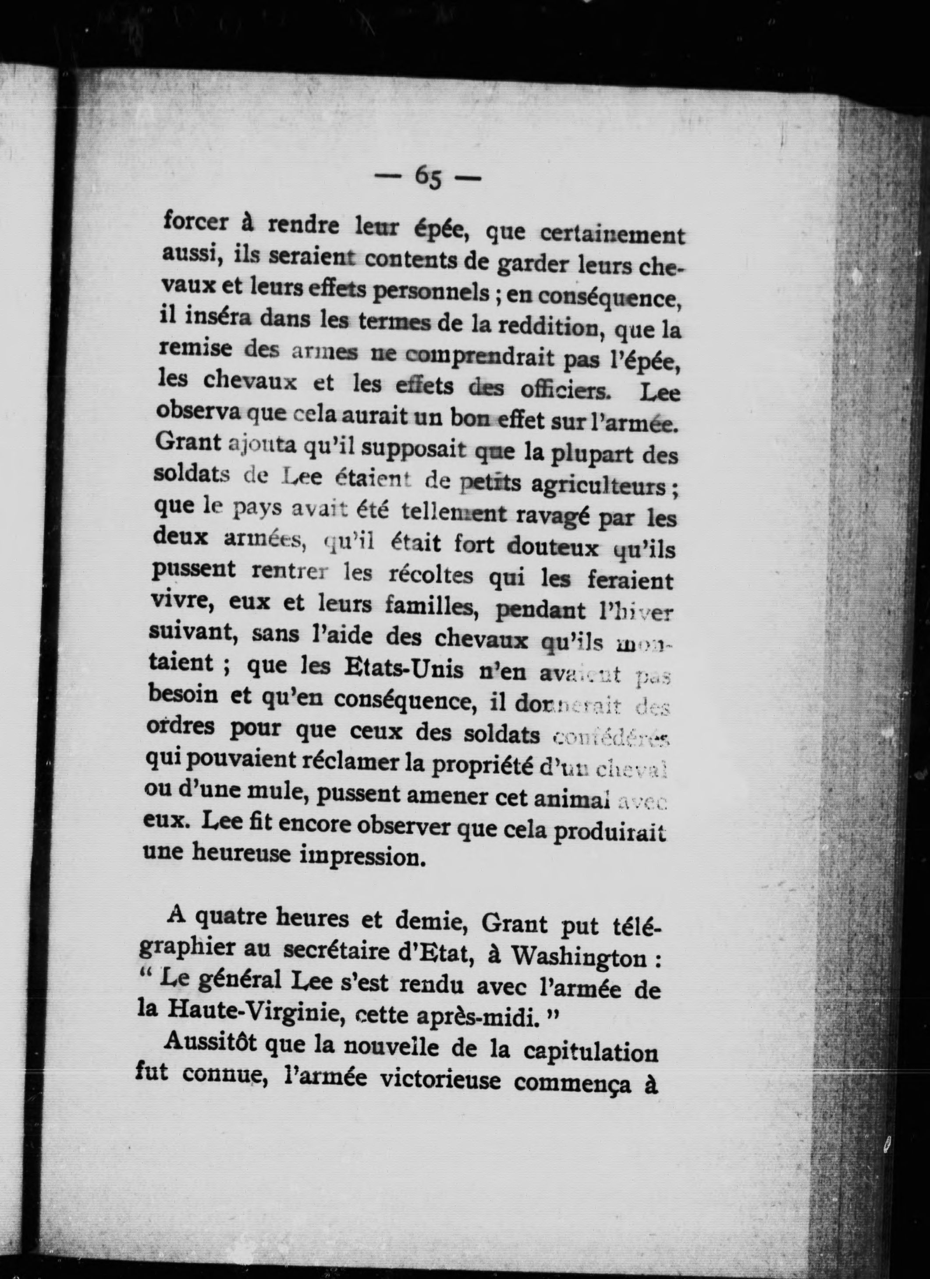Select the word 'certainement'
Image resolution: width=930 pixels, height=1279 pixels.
[x=613, y=234]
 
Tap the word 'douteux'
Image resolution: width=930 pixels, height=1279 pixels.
[x=552, y=547]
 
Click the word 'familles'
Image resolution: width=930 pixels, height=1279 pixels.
[x=428, y=607]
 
